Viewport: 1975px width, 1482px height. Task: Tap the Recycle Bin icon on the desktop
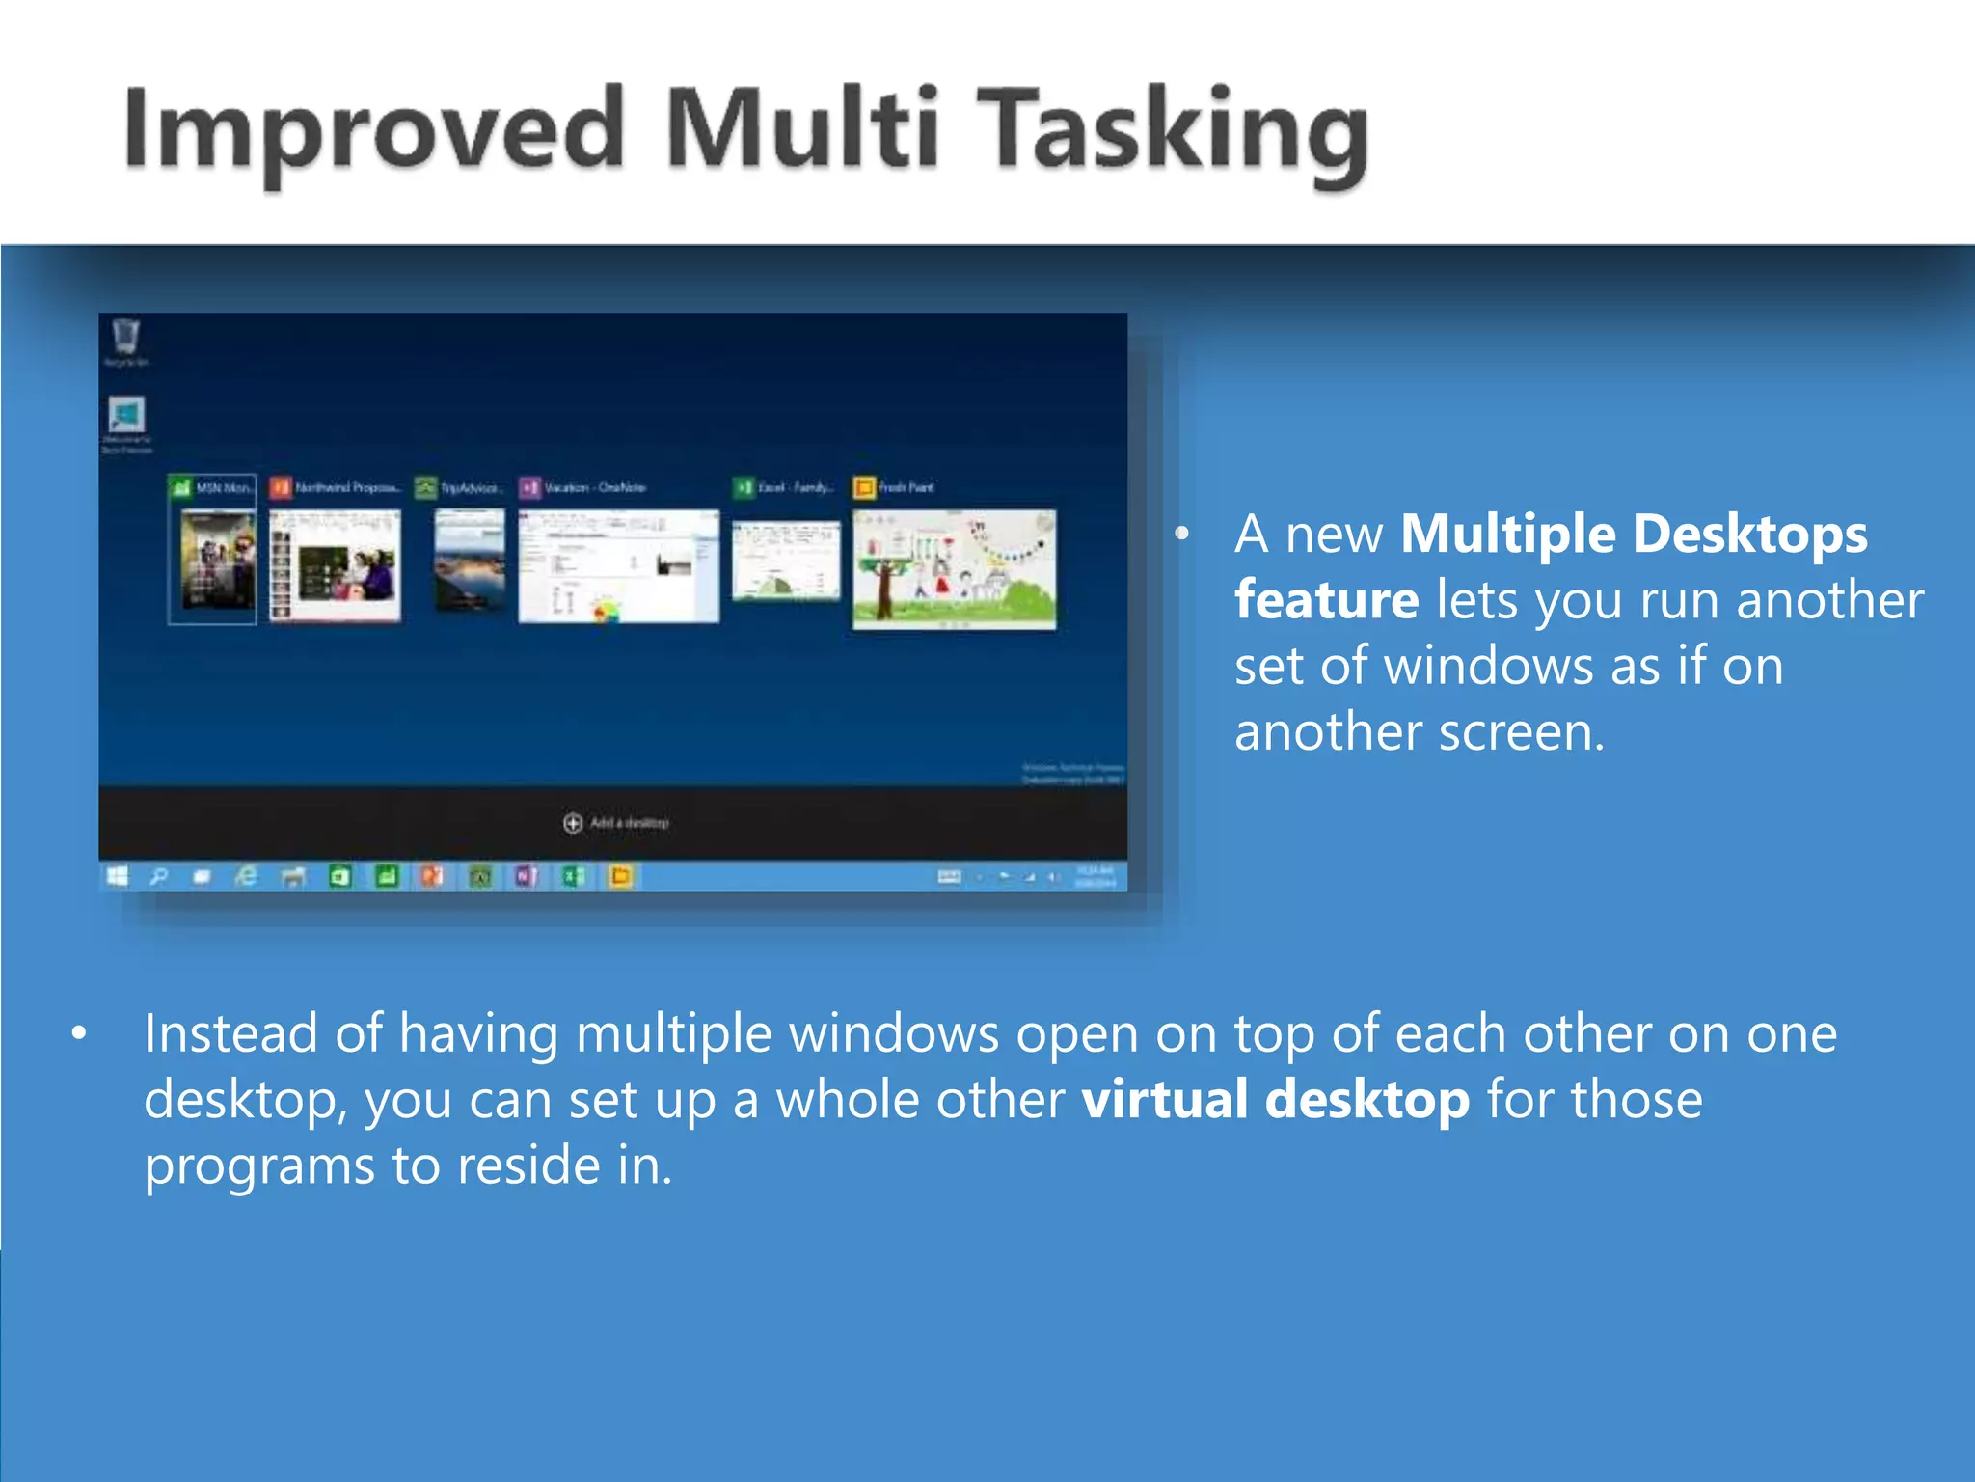pos(126,338)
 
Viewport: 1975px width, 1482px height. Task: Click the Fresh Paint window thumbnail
pos(954,569)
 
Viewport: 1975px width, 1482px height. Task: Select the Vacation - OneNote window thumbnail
pos(618,567)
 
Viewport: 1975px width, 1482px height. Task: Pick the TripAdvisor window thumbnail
pos(470,561)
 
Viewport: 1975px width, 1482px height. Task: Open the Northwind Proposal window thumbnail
pos(335,567)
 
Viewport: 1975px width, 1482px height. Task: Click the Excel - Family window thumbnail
pos(786,561)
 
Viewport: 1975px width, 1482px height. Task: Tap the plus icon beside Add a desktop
pos(573,823)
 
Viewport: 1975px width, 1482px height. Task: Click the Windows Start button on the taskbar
pos(118,876)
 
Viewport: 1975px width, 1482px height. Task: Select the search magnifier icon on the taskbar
pos(159,876)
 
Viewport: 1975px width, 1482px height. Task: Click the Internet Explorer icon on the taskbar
pos(247,876)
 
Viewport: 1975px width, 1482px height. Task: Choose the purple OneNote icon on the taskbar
pos(526,876)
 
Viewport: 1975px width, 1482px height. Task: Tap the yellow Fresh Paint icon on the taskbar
pos(621,876)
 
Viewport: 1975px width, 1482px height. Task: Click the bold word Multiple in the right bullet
pos(1507,534)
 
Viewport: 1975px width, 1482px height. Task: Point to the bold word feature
pos(1326,600)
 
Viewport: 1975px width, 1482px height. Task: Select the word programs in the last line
pos(258,1166)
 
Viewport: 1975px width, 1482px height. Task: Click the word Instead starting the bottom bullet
pos(230,1033)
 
